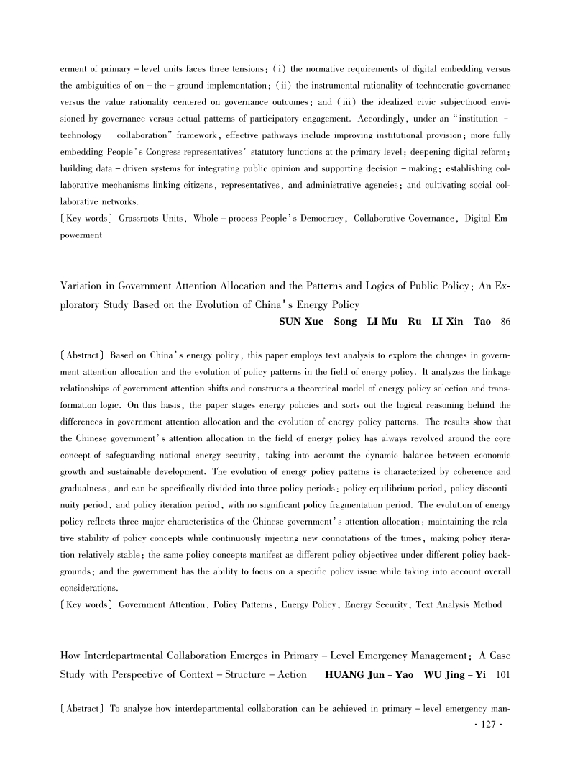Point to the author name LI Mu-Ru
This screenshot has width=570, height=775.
[385, 321]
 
